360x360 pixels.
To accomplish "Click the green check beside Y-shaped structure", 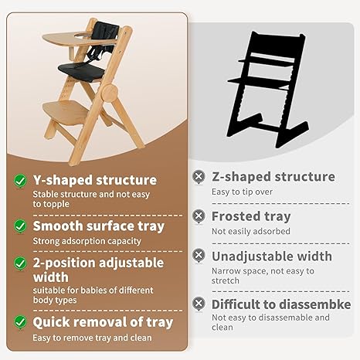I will click(x=19, y=180).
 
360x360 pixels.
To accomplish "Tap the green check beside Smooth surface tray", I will click(x=19, y=226).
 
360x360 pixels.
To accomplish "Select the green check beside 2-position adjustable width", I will click(x=19, y=263).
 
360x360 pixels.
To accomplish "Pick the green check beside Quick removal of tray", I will click(x=19, y=321).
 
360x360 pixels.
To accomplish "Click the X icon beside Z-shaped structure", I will click(x=199, y=177).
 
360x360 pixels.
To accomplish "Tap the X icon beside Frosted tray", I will click(x=199, y=216).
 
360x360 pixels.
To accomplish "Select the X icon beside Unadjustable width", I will click(x=199, y=256).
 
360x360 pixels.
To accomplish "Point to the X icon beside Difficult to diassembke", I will click(x=199, y=304).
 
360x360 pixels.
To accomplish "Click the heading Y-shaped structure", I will click(x=94, y=180).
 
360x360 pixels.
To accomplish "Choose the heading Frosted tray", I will click(x=251, y=216).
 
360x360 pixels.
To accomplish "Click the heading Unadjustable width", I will click(x=271, y=256).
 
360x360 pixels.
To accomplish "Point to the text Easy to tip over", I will click(x=243, y=192).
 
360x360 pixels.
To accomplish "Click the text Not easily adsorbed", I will click(x=250, y=231).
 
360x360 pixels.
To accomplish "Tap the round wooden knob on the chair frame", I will click(x=109, y=93).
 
